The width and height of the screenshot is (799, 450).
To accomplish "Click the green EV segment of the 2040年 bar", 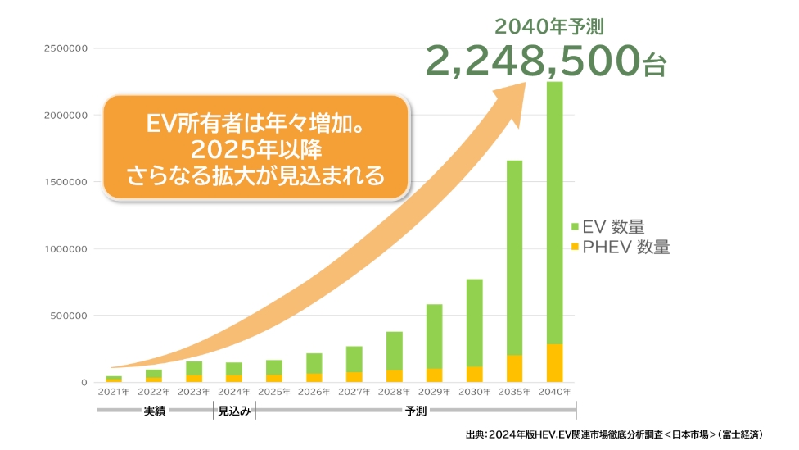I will pyautogui.click(x=554, y=213).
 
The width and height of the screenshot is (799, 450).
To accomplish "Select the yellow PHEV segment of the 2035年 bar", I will pyautogui.click(x=514, y=368).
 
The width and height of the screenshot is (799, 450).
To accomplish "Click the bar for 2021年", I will pyautogui.click(x=114, y=379).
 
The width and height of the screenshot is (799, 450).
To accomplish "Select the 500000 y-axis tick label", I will pyautogui.click(x=68, y=316).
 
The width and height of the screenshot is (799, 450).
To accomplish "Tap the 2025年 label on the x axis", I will pyautogui.click(x=273, y=392).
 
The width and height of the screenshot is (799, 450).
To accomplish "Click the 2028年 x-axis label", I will pyautogui.click(x=394, y=392).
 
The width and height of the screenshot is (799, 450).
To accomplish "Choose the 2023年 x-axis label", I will pyautogui.click(x=193, y=392).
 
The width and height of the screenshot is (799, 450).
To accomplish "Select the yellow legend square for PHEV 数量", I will pyautogui.click(x=575, y=246).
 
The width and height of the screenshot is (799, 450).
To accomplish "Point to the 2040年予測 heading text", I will pyautogui.click(x=549, y=26).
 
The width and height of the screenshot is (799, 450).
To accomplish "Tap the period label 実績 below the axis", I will pyautogui.click(x=154, y=411).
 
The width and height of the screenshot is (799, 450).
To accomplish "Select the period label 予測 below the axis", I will pyautogui.click(x=416, y=411).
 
